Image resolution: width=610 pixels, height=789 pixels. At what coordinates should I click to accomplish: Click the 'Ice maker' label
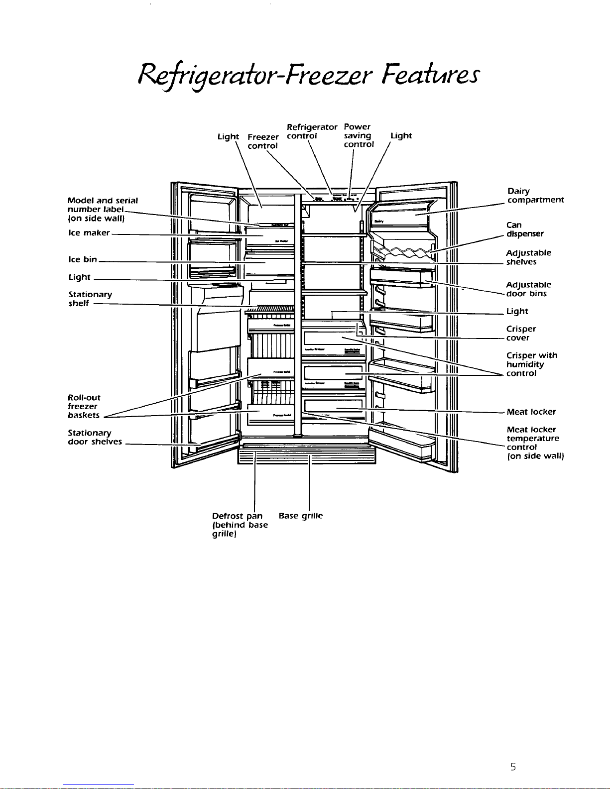pos(89,233)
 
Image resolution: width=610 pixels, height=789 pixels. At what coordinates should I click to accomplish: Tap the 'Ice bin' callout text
pos(83,259)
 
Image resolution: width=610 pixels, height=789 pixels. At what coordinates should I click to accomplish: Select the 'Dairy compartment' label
pos(535,196)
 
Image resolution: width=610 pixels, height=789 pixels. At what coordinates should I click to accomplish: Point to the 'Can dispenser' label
pos(525,229)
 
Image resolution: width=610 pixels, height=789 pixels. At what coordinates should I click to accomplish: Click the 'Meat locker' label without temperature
pos(531,412)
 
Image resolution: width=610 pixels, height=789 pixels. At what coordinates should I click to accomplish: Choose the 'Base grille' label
pos(301,516)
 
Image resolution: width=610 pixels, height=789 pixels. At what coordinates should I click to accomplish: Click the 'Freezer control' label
pos(263,141)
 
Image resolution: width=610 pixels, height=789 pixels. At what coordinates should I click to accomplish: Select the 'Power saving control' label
pos(358,135)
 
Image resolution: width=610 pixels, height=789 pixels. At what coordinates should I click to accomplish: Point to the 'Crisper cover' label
pos(521,333)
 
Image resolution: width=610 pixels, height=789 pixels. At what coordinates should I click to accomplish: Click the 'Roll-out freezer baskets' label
pos(84,406)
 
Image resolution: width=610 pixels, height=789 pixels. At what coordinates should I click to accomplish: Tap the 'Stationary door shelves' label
pos(95,437)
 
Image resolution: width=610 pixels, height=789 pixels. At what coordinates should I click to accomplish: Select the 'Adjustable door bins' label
pos(528,289)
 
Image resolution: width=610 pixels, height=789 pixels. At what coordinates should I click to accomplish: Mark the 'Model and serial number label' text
pos(102,209)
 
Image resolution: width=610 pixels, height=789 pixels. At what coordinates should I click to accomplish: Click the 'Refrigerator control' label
pos(312,131)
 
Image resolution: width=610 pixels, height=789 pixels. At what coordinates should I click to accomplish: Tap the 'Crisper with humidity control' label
pos(531,364)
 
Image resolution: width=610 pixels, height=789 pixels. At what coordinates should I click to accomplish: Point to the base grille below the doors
pos(307,455)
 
